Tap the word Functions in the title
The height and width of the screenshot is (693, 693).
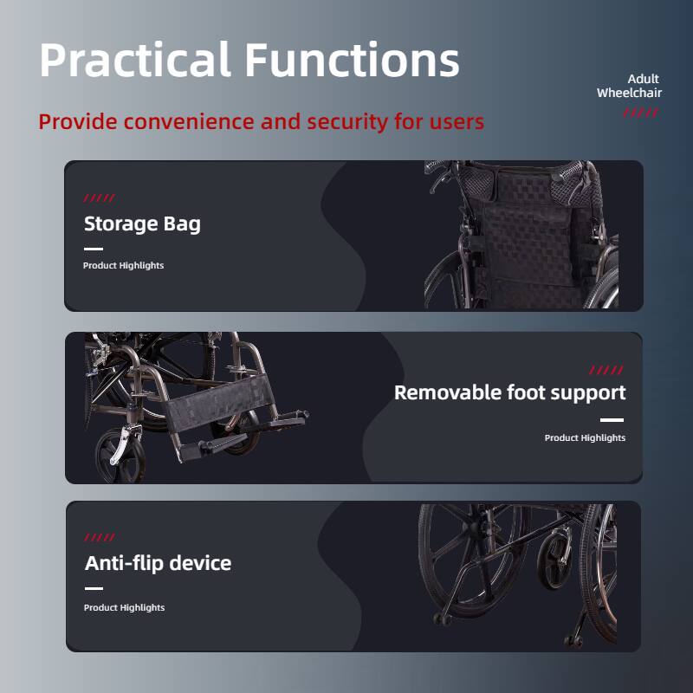pos(351,61)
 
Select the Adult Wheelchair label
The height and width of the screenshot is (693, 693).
pos(630,86)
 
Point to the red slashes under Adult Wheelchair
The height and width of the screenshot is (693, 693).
pos(641,113)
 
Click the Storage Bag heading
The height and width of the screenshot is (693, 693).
pos(142,223)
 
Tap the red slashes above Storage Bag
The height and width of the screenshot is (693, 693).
pos(99,198)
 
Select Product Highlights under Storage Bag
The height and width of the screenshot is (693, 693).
pos(123,265)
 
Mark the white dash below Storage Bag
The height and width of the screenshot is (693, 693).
pos(93,249)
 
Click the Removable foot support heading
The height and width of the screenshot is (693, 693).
pos(509,392)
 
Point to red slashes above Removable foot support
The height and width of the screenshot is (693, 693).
pos(606,370)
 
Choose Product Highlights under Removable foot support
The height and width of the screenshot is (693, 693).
pos(585,437)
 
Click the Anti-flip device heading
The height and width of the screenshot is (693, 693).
pos(158,563)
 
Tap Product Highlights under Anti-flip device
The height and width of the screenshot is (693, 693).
pos(124,607)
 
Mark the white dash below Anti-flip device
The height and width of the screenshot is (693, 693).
pos(94,588)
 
